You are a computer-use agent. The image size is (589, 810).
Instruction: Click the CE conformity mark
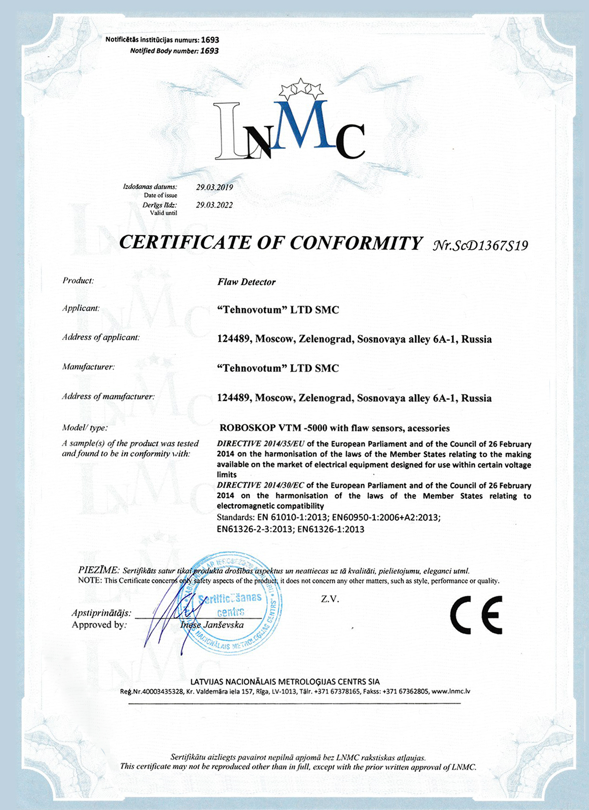476,614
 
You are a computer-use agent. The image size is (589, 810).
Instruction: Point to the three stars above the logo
301,88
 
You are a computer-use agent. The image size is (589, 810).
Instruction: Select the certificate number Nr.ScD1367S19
480,245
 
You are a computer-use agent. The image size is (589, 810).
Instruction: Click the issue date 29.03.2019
214,187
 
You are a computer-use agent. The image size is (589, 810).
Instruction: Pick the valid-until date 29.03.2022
214,205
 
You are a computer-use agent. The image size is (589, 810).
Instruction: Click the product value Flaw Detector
246,282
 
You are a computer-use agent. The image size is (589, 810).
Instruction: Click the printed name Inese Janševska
212,625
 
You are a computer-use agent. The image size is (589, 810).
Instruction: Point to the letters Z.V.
330,599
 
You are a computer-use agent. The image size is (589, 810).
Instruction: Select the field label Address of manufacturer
108,396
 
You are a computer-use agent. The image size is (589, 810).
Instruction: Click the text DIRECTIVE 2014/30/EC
261,485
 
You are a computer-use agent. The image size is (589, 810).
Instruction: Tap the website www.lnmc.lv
451,691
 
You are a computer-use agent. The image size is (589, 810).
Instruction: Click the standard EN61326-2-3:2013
255,529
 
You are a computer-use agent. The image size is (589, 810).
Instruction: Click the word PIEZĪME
99,570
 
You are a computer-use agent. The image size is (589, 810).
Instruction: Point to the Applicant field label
81,308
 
